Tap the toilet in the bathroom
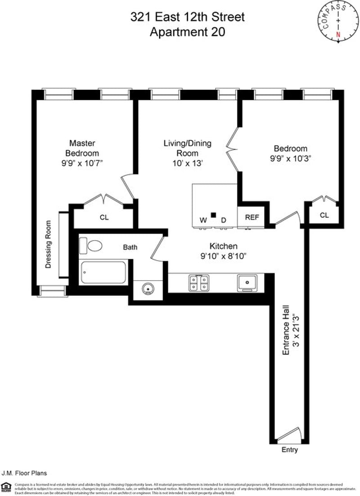click(x=91, y=246)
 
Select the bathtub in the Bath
click(x=103, y=273)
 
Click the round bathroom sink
click(x=147, y=288)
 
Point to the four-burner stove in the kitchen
click(x=198, y=282)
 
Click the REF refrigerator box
click(x=252, y=217)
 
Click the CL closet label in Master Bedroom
click(x=104, y=218)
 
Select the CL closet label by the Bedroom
click(x=324, y=215)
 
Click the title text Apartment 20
click(x=187, y=32)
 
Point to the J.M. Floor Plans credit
click(x=24, y=473)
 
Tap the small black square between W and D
click(x=214, y=215)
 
